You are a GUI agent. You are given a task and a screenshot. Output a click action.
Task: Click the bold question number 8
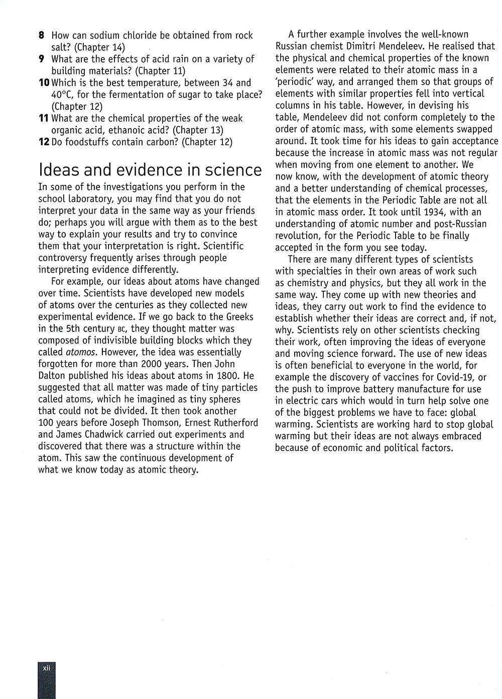[x=42, y=36]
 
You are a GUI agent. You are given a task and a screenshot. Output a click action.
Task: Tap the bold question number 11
[x=43, y=119]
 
